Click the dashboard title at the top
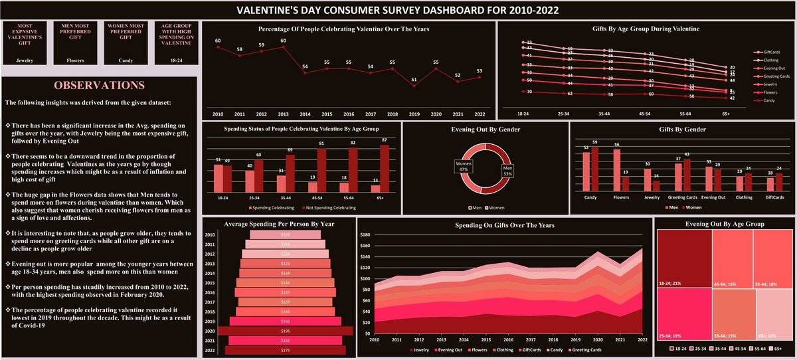(x=398, y=10)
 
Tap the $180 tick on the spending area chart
(x=364, y=234)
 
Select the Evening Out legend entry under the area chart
(x=451, y=349)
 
